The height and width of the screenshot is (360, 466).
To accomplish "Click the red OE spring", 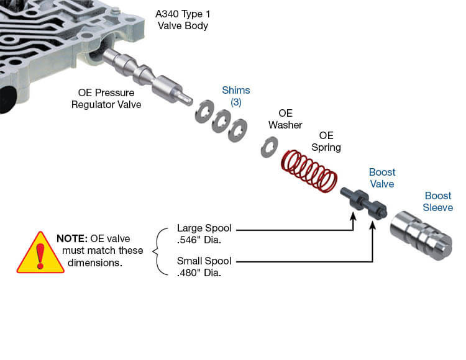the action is click(x=309, y=171).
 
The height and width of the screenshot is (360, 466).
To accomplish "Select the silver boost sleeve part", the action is click(x=421, y=235).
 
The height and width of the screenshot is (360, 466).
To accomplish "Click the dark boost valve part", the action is click(x=363, y=204).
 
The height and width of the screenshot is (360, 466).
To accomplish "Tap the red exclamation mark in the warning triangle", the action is click(x=40, y=256).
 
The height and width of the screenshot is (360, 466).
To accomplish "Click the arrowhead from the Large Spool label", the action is click(x=353, y=217).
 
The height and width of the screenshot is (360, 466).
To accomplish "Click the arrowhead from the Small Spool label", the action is click(x=373, y=225).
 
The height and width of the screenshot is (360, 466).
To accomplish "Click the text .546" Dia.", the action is click(x=199, y=240).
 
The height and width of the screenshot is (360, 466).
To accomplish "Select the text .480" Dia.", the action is click(x=199, y=272).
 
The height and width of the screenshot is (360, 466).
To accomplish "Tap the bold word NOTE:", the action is click(x=71, y=238).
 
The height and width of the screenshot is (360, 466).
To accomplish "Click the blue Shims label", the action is click(x=236, y=90).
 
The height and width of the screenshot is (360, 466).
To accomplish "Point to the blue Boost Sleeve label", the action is click(x=438, y=202).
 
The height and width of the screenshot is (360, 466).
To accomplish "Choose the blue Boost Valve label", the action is click(x=382, y=178).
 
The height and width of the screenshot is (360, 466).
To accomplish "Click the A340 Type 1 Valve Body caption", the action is click(x=183, y=20).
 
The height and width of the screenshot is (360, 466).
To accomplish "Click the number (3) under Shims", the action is click(x=236, y=102).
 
